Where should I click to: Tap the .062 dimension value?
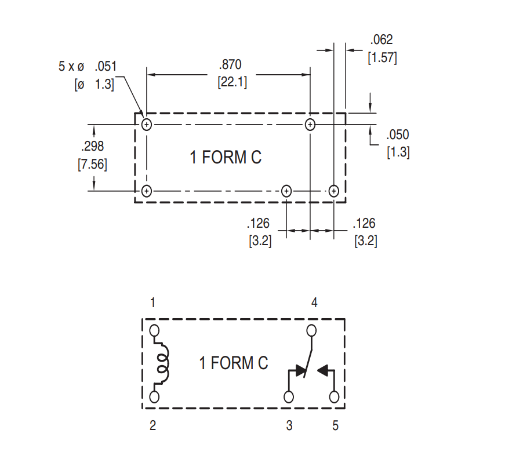pyautogui.click(x=382, y=40)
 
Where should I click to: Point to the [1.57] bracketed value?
pyautogui.click(x=382, y=58)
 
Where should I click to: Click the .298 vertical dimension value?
pyautogui.click(x=92, y=147)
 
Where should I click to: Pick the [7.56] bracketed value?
pyautogui.click(x=92, y=164)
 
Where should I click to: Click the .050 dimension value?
pyautogui.click(x=398, y=135)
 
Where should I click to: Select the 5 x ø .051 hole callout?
pyautogui.click(x=88, y=66)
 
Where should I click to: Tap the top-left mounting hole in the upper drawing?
pyautogui.click(x=147, y=124)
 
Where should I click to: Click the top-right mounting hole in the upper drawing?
pyautogui.click(x=310, y=124)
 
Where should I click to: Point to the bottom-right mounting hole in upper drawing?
pyautogui.click(x=333, y=191)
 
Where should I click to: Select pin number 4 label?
pyautogui.click(x=314, y=303)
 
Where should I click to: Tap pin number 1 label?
pyautogui.click(x=152, y=303)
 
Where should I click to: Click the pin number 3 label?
pyautogui.click(x=289, y=426)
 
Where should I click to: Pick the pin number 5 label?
pyautogui.click(x=335, y=426)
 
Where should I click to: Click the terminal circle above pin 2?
pyautogui.click(x=154, y=397)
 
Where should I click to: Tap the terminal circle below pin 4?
pyautogui.click(x=312, y=331)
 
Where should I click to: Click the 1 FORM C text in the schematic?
pyautogui.click(x=234, y=363)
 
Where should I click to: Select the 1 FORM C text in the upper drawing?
pyautogui.click(x=226, y=157)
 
